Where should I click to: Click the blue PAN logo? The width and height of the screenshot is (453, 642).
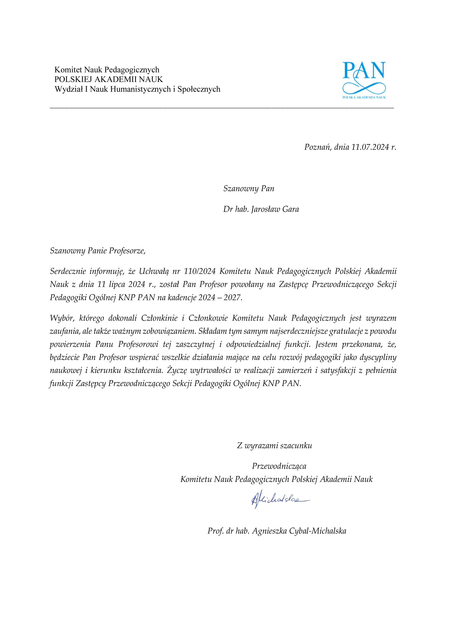364,80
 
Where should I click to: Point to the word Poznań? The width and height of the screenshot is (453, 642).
317,147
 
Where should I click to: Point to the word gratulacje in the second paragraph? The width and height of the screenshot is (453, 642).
347,331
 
